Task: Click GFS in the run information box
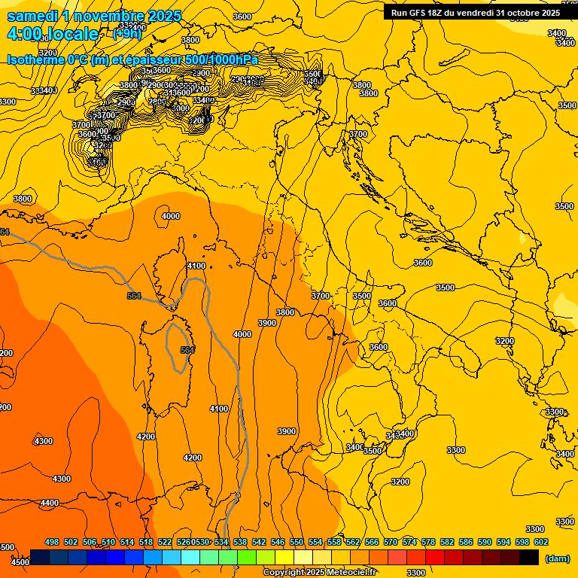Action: point(423,13)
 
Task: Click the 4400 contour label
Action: point(50,503)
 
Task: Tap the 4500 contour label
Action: point(20,561)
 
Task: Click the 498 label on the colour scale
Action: point(52,542)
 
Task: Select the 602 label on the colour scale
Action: point(541,542)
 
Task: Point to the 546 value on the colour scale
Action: point(278,542)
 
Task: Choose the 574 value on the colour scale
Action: point(409,542)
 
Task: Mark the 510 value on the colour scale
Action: point(108,542)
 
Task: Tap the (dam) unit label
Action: point(558,558)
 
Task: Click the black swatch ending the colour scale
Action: point(529,557)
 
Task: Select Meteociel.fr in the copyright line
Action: point(351,573)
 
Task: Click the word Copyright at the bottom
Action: point(284,573)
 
